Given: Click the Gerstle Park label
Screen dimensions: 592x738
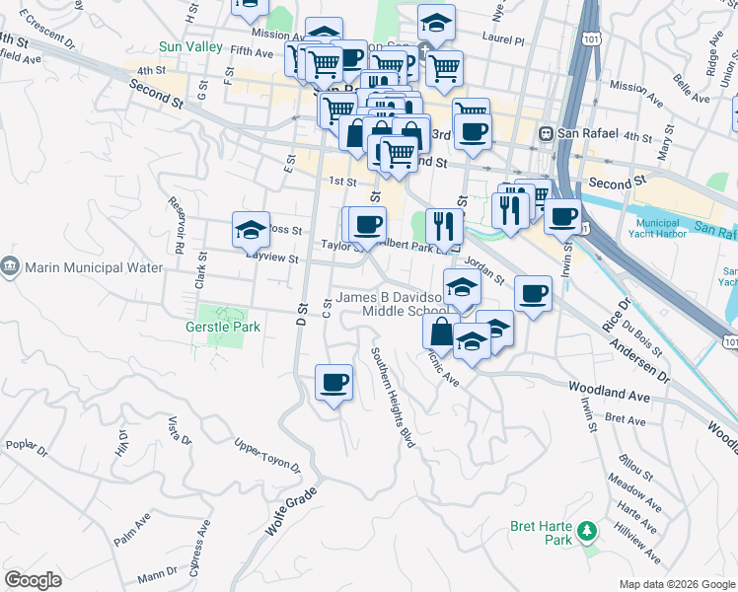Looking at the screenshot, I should [x=223, y=326].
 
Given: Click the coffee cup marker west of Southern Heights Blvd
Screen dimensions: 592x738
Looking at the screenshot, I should [x=333, y=381].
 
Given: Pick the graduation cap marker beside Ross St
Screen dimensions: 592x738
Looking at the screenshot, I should [x=251, y=229].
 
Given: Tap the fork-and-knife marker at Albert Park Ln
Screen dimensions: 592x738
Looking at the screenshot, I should [x=445, y=226].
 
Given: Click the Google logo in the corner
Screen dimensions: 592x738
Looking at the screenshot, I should [x=33, y=580].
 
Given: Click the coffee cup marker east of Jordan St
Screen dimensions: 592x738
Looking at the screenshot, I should [x=533, y=292].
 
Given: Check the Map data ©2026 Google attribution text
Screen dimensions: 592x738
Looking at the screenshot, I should [x=676, y=584].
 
